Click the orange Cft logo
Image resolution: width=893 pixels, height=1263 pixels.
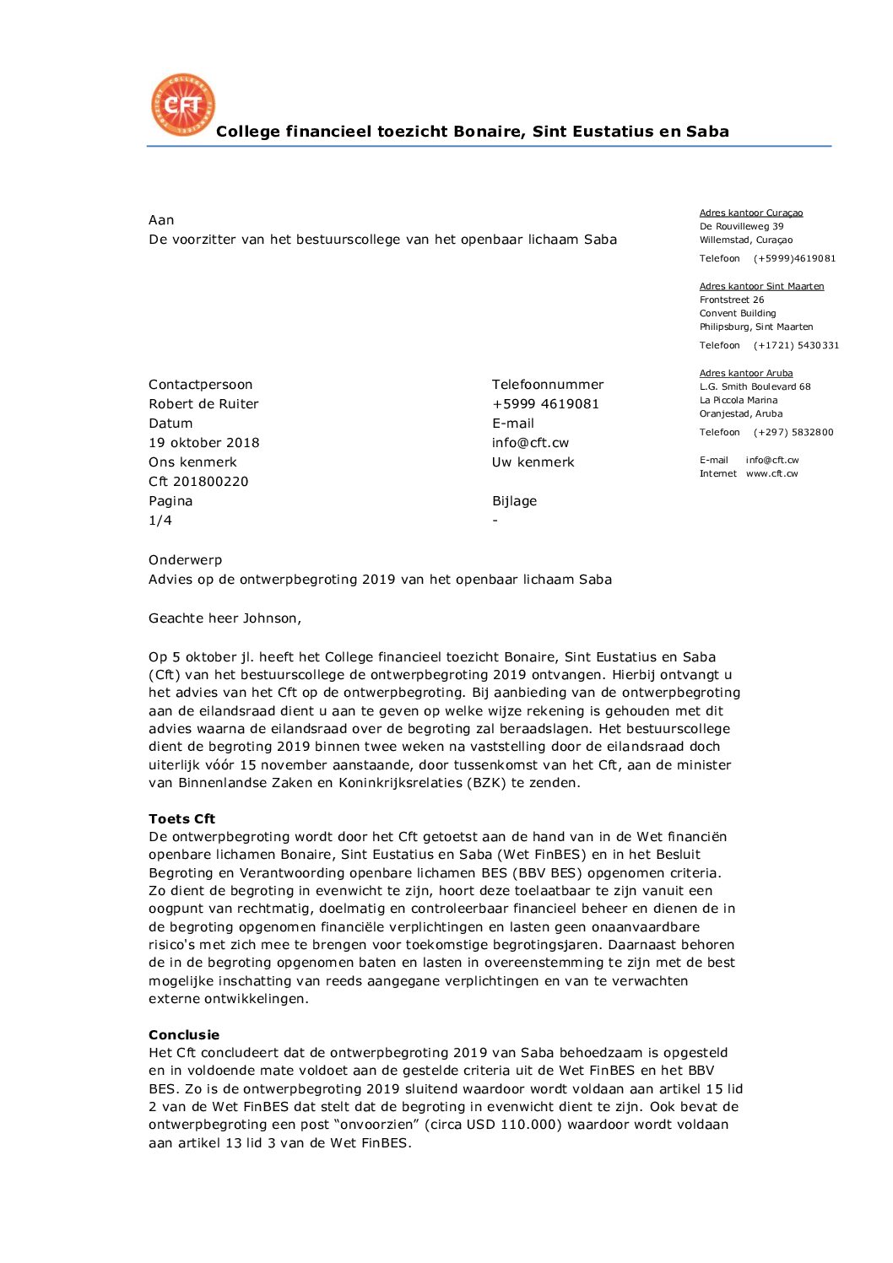pyautogui.click(x=183, y=105)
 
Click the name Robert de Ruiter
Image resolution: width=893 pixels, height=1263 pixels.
pyautogui.click(x=203, y=404)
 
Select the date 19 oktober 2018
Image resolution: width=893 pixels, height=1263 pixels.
pyautogui.click(x=204, y=443)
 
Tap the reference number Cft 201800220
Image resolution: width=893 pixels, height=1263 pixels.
pyautogui.click(x=198, y=482)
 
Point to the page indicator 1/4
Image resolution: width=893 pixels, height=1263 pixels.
pyautogui.click(x=160, y=521)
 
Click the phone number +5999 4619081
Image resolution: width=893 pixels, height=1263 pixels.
pyautogui.click(x=545, y=404)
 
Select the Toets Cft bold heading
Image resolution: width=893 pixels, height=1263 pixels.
pyautogui.click(x=181, y=819)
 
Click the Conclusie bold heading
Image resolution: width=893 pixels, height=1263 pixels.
pyautogui.click(x=184, y=1035)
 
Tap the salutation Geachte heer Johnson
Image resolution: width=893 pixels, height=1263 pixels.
pyautogui.click(x=225, y=618)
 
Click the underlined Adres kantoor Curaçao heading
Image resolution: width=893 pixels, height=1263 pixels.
pyautogui.click(x=751, y=213)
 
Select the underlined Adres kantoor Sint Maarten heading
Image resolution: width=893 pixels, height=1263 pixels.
pyautogui.click(x=761, y=287)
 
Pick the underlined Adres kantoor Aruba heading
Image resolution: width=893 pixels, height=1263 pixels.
pyautogui.click(x=746, y=374)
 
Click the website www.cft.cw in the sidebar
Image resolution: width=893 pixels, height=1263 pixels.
pyautogui.click(x=771, y=474)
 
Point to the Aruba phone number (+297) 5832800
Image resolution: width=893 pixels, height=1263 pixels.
pyautogui.click(x=793, y=433)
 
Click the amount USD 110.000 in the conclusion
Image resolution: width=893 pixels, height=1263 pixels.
pyautogui.click(x=517, y=1125)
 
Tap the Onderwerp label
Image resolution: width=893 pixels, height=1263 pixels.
pyautogui.click(x=185, y=560)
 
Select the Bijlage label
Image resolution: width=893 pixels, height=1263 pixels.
pyautogui.click(x=514, y=501)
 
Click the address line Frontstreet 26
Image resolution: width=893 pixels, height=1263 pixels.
pyautogui.click(x=732, y=300)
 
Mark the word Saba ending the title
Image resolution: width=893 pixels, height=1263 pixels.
pyautogui.click(x=706, y=132)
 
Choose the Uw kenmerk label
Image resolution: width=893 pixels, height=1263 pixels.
pyautogui.click(x=533, y=462)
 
